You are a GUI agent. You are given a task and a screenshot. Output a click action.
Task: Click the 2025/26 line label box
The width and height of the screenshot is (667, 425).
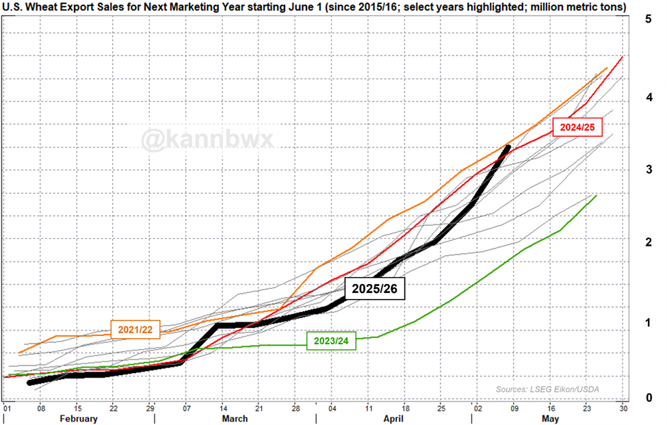click(375, 289)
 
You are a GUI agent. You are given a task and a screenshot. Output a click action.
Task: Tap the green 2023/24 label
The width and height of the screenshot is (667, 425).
click(332, 340)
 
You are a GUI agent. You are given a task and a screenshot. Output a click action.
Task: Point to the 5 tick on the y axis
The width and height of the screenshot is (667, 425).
click(647, 19)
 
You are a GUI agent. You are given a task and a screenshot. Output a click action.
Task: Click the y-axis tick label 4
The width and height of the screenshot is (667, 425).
click(647, 98)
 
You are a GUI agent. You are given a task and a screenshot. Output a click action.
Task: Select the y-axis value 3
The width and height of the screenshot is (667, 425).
click(647, 169)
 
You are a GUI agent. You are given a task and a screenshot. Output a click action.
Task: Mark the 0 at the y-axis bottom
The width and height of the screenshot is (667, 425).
click(647, 398)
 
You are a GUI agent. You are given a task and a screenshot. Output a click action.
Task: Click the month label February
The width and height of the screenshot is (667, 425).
click(79, 418)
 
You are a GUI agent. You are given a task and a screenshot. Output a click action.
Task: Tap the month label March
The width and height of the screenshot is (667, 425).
click(235, 418)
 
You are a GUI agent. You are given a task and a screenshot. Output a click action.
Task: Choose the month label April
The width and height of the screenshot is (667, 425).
click(393, 418)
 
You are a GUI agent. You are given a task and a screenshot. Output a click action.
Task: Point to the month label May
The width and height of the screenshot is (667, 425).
click(548, 418)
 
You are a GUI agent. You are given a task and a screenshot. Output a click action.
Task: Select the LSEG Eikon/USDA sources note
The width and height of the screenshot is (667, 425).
click(547, 389)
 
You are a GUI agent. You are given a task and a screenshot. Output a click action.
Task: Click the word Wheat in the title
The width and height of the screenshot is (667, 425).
click(42, 7)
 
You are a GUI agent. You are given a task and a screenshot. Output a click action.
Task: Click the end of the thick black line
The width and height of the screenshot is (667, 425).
click(508, 146)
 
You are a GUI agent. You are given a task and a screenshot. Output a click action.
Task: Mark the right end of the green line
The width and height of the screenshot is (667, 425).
click(597, 196)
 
